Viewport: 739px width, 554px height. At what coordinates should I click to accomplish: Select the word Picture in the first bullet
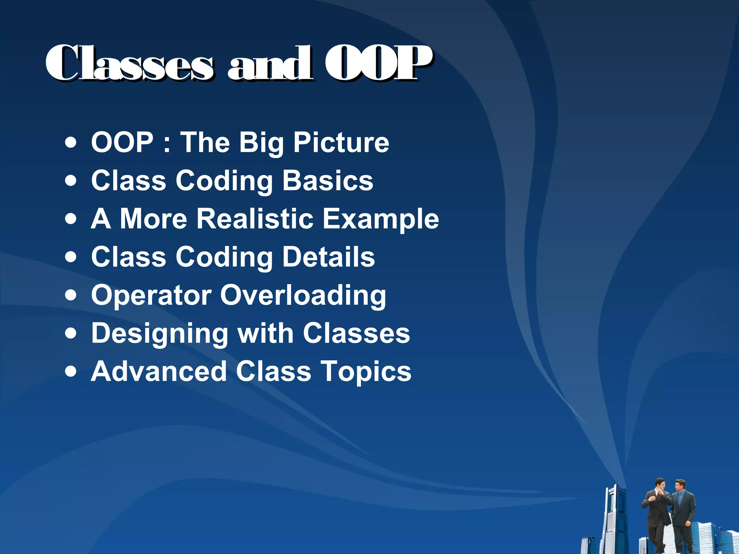(341, 142)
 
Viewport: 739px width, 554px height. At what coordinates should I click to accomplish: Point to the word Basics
(328, 180)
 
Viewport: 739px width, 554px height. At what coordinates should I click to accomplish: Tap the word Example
(381, 219)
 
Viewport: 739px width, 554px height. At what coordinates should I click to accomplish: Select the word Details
(328, 257)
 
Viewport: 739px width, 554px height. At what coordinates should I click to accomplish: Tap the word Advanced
(159, 371)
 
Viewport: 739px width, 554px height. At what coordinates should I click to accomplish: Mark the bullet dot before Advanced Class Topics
(71, 371)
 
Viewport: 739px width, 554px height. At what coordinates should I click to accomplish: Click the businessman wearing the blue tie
(682, 512)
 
